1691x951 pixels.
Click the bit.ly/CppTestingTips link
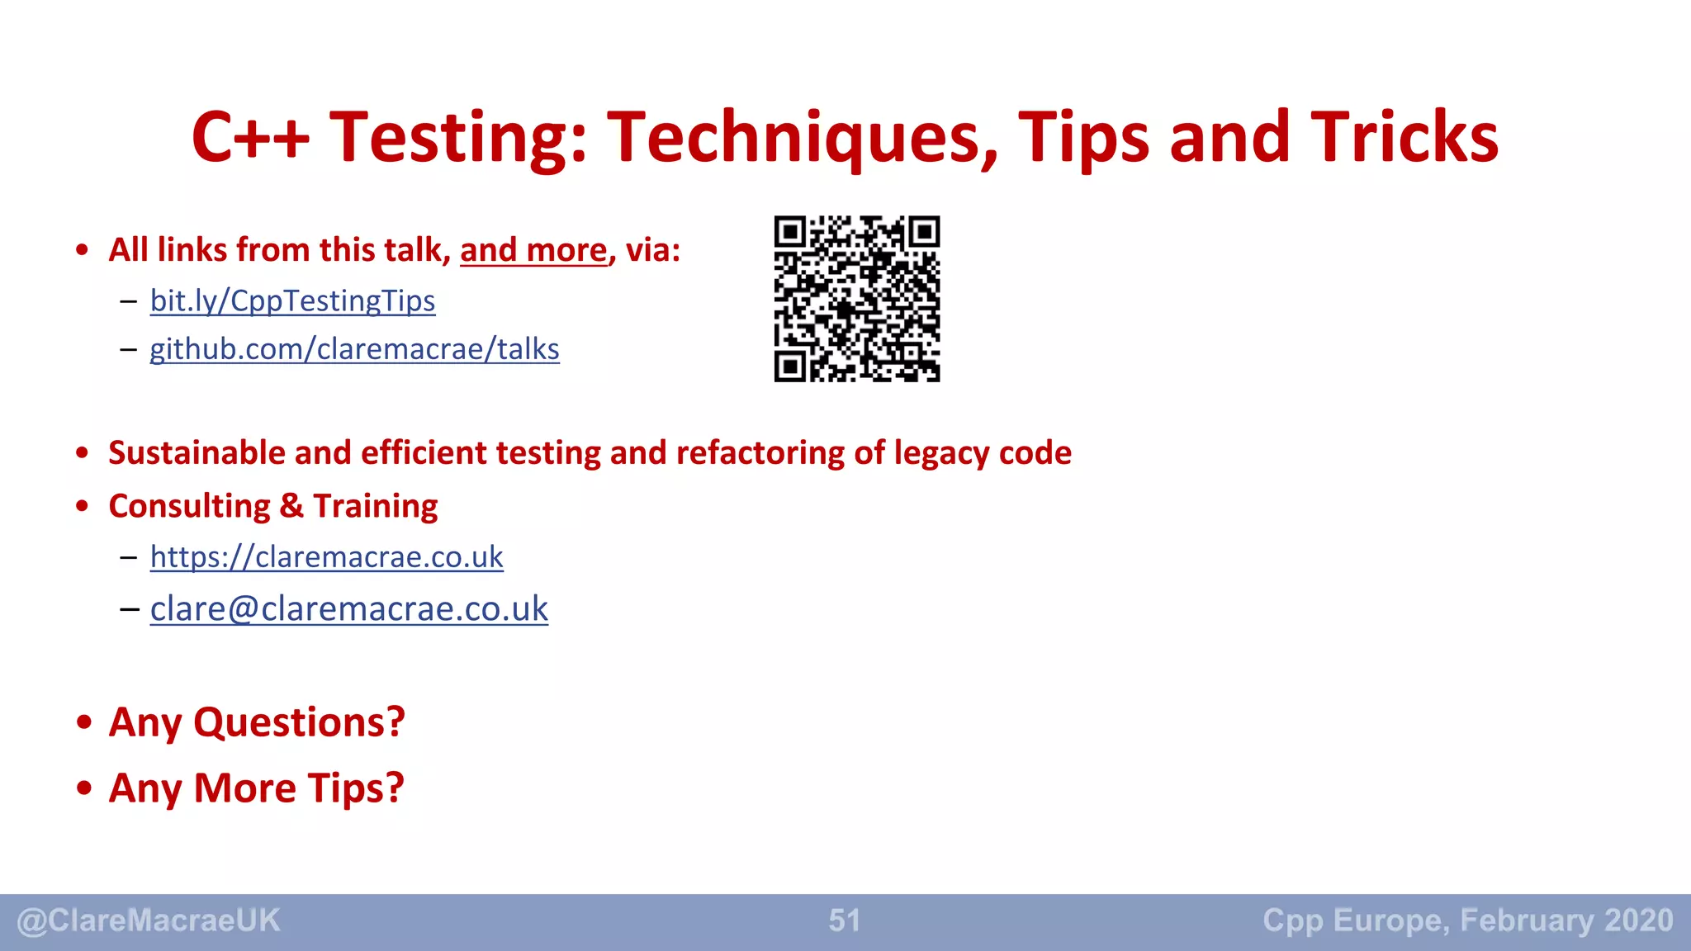click(x=292, y=301)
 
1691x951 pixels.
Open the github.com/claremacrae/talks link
click(x=354, y=350)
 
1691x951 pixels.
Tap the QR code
click(x=856, y=299)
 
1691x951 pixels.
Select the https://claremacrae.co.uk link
click(x=326, y=557)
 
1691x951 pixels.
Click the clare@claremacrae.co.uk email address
click(x=348, y=609)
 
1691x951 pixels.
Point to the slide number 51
click(x=844, y=920)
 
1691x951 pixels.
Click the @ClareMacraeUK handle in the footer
click(x=149, y=920)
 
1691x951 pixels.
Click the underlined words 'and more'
click(x=533, y=250)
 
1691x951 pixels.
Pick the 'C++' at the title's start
click(x=250, y=138)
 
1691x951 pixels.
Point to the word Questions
click(x=299, y=723)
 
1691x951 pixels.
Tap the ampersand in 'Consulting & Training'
click(x=291, y=506)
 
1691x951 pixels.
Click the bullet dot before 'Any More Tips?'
click(x=83, y=788)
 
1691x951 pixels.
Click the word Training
click(x=376, y=506)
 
